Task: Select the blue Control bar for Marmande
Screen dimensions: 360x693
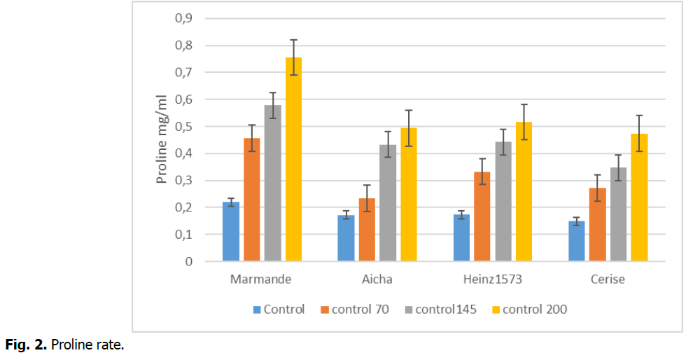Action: [231, 232]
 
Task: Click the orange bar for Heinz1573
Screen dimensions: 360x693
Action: [482, 216]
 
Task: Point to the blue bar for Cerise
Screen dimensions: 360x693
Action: [576, 241]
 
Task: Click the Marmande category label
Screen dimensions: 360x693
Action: [261, 279]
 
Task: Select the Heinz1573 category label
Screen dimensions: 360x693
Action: [493, 279]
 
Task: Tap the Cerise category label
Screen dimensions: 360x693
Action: [607, 279]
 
